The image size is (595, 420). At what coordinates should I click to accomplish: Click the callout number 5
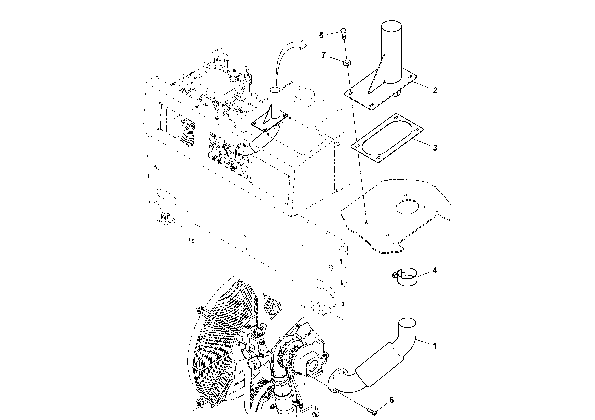pos(321,36)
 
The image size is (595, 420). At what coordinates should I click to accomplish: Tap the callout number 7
pos(323,55)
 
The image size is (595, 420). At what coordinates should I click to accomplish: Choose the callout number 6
pos(391,400)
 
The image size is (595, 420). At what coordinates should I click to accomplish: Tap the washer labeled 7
pos(347,62)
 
